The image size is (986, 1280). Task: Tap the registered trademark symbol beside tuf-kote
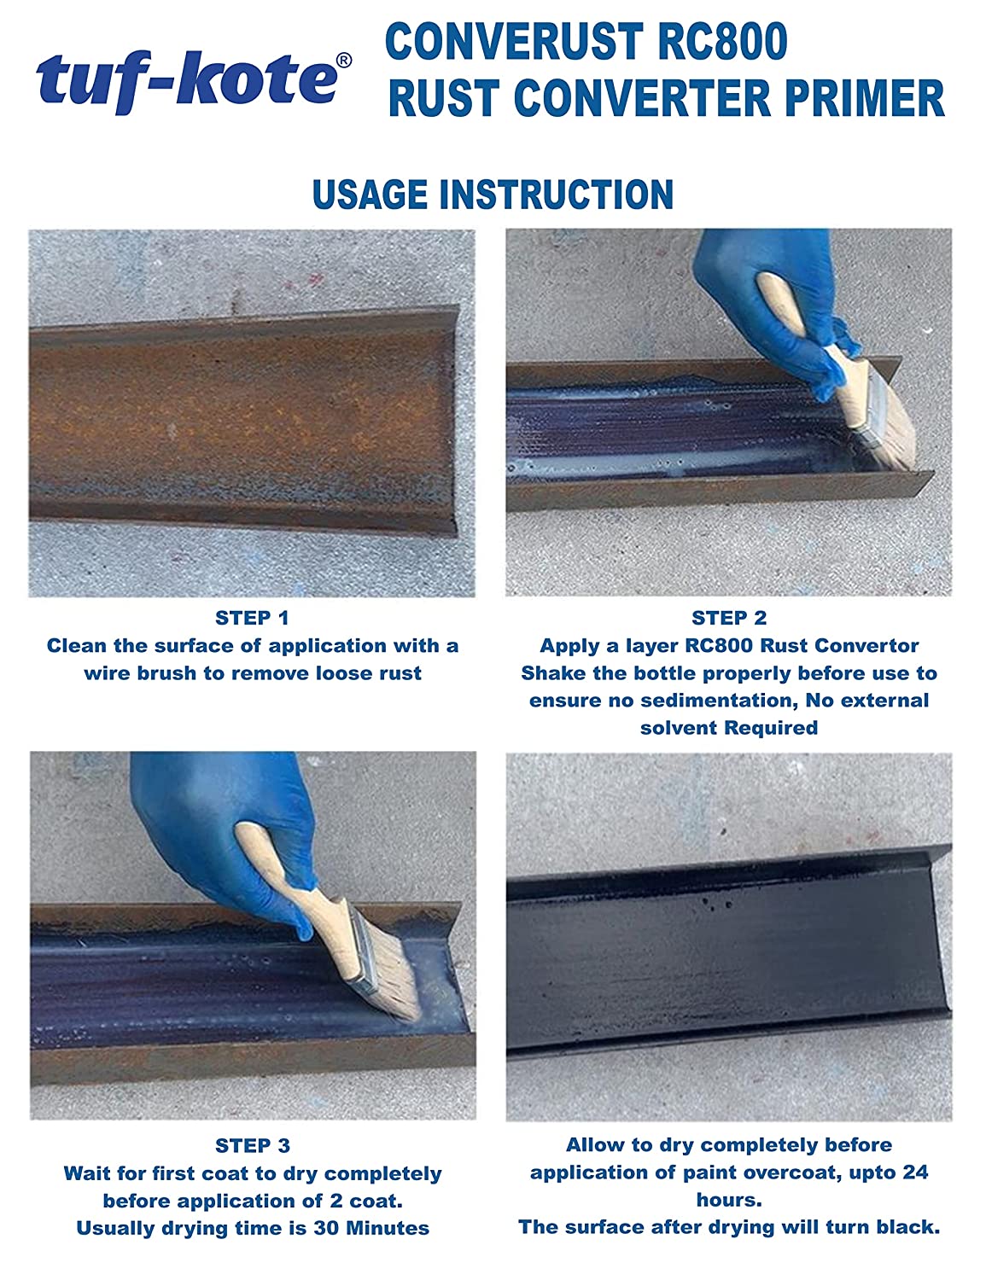pos(343,61)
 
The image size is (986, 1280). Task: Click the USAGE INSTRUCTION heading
pos(493,195)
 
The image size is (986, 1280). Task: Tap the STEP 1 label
pos(252,618)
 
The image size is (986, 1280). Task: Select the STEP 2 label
pos(729,618)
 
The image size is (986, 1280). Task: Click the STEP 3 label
pos(252,1145)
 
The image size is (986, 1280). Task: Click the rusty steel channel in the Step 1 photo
pos(239,418)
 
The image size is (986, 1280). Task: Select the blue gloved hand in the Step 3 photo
pos(213,819)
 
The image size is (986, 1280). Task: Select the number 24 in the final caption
pos(914,1172)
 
